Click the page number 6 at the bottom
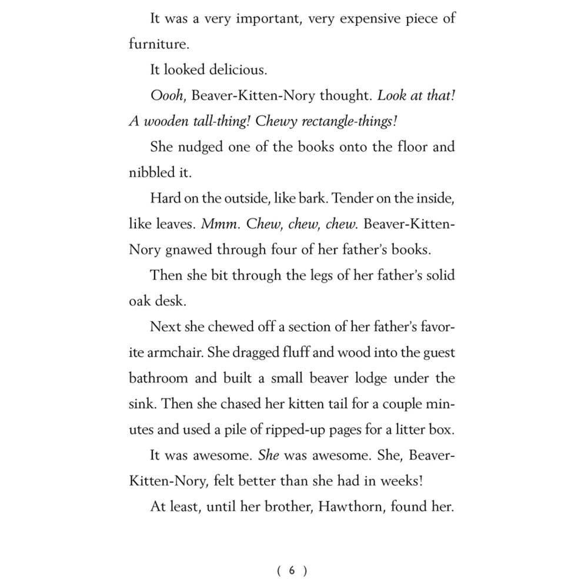pyautogui.click(x=292, y=570)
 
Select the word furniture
pyautogui.click(x=155, y=45)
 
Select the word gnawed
pyautogui.click(x=187, y=249)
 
